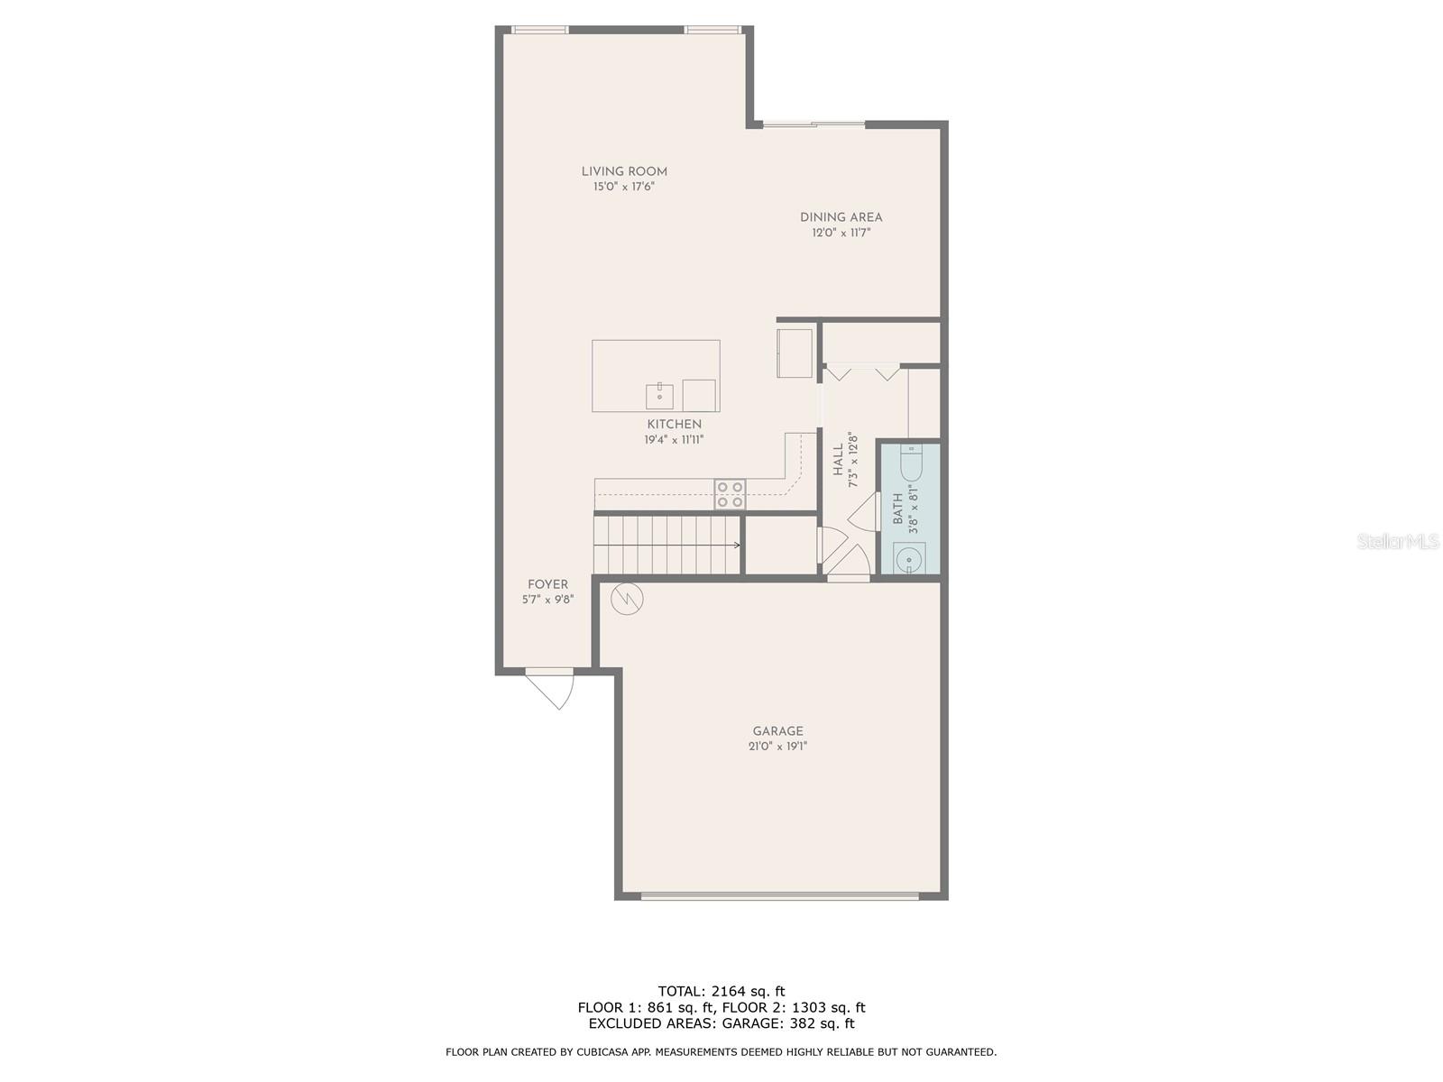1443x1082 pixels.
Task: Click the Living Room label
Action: [624, 171]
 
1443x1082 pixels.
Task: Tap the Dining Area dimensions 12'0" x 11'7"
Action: [841, 233]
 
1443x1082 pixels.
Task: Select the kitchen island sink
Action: [659, 396]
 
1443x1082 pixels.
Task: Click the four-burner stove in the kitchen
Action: [730, 494]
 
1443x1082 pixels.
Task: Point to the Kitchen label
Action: [674, 425]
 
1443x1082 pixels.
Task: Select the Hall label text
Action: [838, 460]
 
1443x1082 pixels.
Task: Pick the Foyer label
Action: [547, 584]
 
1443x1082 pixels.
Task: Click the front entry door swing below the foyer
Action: [552, 688]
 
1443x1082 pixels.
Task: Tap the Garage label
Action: [777, 731]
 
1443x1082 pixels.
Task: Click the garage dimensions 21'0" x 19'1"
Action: [777, 747]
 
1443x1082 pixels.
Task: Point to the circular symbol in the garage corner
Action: [628, 599]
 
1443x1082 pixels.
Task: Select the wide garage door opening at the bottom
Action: [779, 895]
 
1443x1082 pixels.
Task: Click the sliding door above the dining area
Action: [813, 124]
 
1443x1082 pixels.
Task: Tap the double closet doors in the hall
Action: [864, 371]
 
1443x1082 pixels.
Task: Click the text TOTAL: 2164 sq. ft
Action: [721, 991]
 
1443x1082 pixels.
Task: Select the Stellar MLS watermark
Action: [1398, 542]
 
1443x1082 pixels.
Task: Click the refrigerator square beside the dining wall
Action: [795, 353]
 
